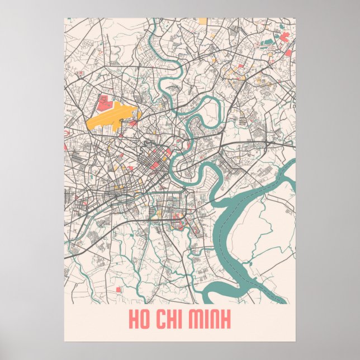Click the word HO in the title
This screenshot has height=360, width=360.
pos(139,320)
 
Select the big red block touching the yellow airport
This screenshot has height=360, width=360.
pos(103,102)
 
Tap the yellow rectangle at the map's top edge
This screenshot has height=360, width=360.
pos(201,21)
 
